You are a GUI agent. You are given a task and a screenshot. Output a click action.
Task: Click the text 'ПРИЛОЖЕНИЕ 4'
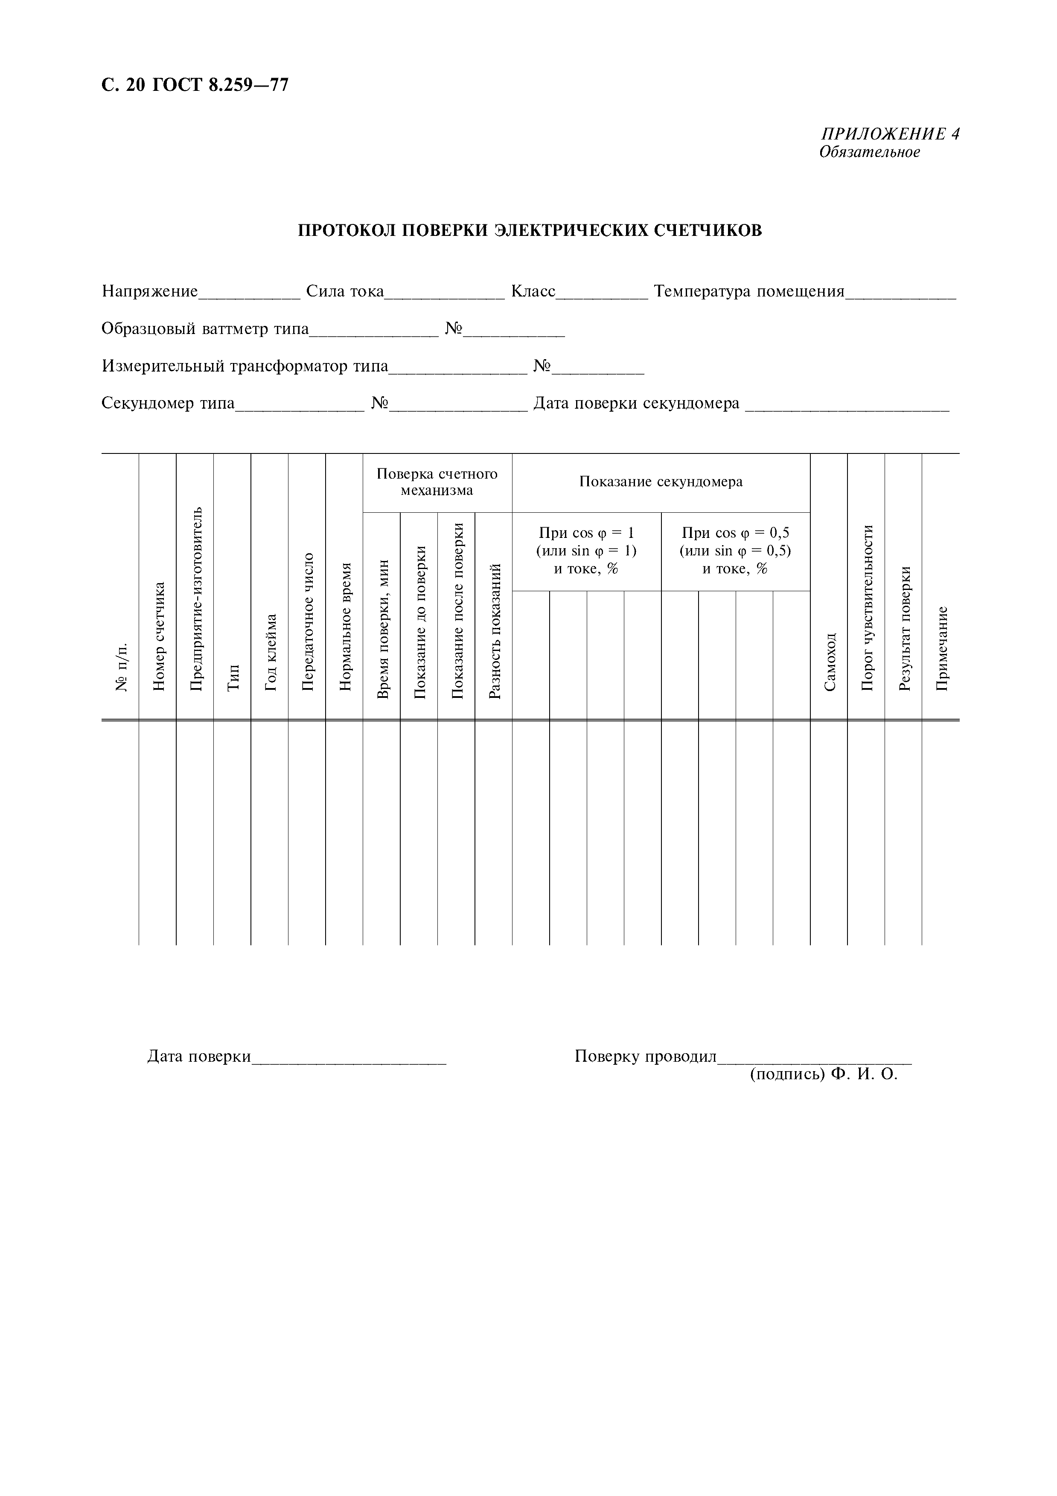(x=890, y=134)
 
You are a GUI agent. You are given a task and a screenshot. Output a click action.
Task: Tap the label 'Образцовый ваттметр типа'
(x=205, y=329)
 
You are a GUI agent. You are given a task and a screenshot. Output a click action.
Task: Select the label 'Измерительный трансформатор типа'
(x=245, y=366)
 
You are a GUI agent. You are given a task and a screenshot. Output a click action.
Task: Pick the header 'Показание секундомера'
(x=661, y=482)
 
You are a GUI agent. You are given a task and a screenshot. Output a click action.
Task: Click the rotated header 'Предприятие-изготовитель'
(x=195, y=598)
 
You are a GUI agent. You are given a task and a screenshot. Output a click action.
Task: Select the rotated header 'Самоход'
(x=829, y=661)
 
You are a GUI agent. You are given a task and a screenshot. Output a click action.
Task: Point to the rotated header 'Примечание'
(x=941, y=648)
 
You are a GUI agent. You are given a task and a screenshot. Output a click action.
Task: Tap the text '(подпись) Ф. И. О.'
(x=823, y=1075)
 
